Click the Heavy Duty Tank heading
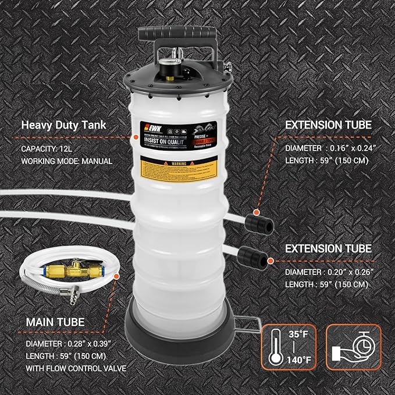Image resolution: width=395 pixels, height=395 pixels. pos(59,124)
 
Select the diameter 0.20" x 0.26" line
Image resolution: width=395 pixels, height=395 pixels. pos(328,271)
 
